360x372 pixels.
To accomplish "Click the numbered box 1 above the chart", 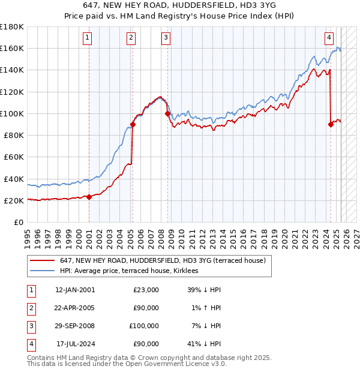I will pyautogui.click(x=88, y=38).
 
